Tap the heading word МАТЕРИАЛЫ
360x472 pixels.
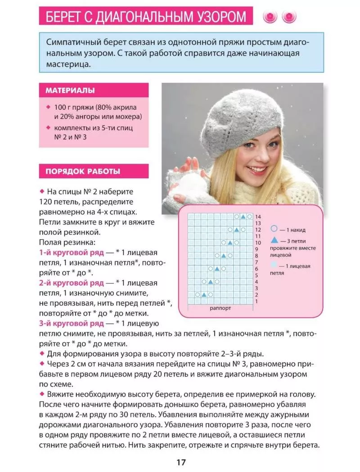coord(70,90)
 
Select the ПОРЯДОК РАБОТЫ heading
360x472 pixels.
coord(82,171)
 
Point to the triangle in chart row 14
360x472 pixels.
coord(243,217)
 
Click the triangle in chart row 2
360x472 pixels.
coord(204,295)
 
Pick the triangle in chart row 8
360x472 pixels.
coord(224,256)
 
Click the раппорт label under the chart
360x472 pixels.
coord(220,309)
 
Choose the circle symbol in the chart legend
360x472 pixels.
coord(274,229)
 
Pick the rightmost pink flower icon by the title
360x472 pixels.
coord(289,17)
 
